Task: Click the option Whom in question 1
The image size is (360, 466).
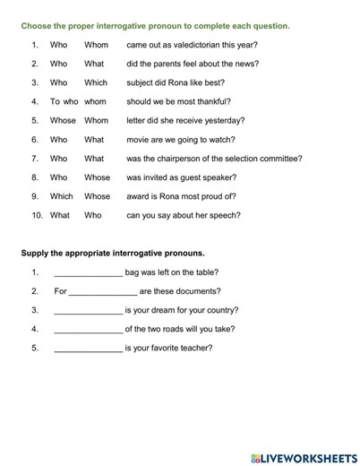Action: tap(96, 44)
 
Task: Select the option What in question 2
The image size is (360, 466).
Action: tap(94, 64)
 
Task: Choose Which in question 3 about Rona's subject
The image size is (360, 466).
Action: tap(96, 82)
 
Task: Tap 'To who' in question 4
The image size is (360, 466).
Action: tap(64, 101)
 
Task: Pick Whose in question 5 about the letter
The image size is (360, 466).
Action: tap(63, 120)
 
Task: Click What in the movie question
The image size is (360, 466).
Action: tap(94, 140)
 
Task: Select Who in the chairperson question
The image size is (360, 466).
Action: tap(58, 159)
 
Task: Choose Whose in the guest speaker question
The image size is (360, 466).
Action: tap(98, 177)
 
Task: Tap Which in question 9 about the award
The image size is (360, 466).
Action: tap(62, 196)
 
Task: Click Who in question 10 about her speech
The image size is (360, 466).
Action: tap(93, 215)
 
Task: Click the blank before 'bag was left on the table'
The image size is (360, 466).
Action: tap(88, 272)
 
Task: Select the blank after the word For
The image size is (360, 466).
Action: tap(103, 291)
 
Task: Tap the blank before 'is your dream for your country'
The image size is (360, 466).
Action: tap(88, 310)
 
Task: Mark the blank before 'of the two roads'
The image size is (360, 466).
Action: tap(88, 329)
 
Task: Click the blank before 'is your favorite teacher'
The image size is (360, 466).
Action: tap(88, 348)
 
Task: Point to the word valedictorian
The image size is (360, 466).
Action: tap(201, 44)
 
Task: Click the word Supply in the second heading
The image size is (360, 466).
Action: tap(35, 253)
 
